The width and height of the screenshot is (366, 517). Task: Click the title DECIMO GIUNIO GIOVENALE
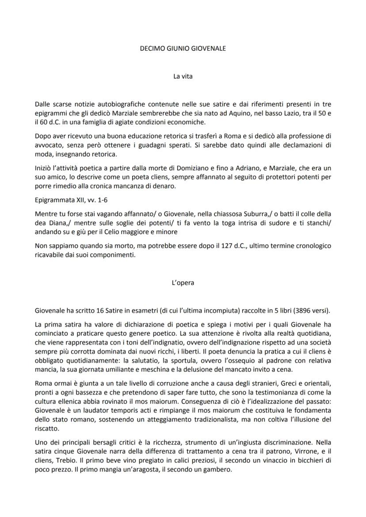183,48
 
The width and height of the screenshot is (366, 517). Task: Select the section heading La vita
183,76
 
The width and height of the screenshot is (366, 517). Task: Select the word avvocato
48,145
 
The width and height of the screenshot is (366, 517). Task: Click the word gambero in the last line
217,470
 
